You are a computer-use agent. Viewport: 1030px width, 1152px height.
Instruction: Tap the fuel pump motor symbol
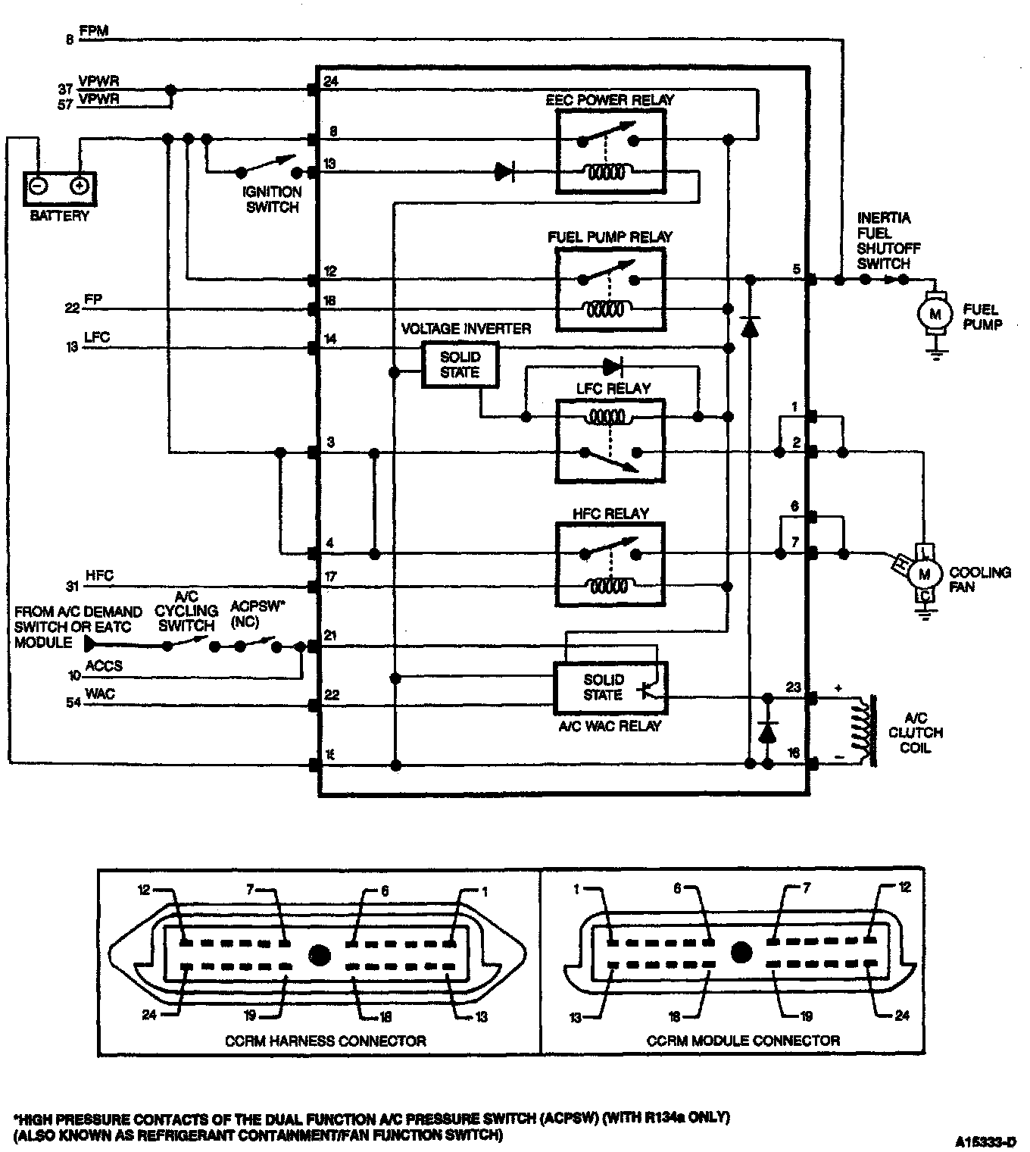click(935, 313)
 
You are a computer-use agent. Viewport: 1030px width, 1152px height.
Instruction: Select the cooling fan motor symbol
click(924, 574)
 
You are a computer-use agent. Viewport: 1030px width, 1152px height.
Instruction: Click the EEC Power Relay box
click(610, 150)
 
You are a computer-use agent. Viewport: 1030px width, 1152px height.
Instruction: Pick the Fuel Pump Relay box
click(610, 291)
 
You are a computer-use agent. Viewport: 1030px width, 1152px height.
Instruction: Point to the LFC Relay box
click(610, 440)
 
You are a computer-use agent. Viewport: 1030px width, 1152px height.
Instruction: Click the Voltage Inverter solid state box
click(460, 365)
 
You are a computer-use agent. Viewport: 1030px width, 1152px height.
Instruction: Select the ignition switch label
click(273, 199)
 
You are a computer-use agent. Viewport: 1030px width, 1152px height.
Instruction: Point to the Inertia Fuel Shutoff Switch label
click(884, 241)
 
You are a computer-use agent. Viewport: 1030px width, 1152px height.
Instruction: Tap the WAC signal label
click(100, 693)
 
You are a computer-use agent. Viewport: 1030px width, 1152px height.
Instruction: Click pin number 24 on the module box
click(330, 82)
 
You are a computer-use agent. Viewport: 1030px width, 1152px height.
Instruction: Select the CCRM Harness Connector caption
click(325, 1041)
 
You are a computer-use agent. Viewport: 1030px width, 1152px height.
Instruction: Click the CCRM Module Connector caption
click(743, 1041)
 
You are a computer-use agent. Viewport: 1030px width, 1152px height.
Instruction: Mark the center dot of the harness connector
click(319, 954)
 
